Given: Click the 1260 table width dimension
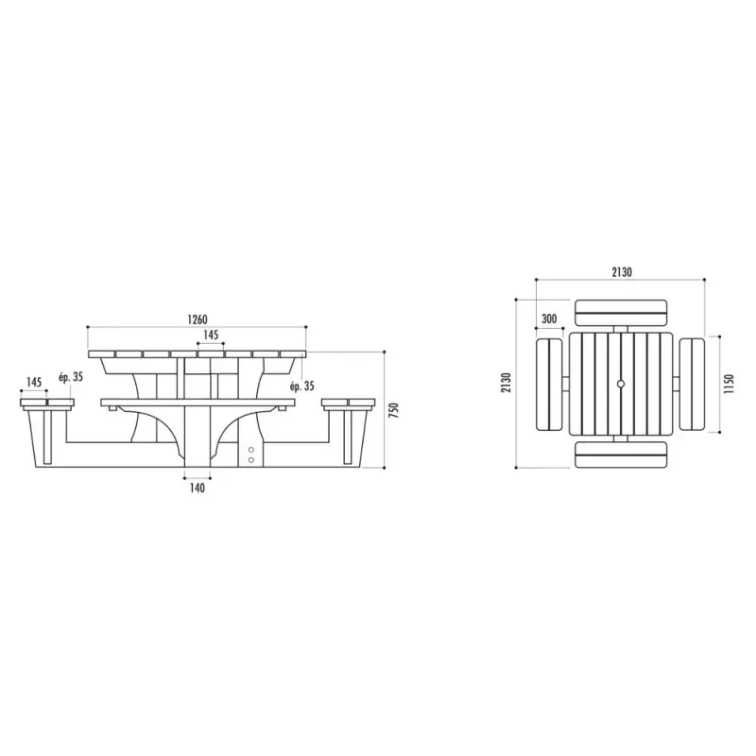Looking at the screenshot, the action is [198, 319].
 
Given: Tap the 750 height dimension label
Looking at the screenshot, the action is [394, 410].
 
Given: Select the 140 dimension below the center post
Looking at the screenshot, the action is [198, 488].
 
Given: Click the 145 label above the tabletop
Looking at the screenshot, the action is [211, 335].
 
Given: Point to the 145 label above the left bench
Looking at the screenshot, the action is [34, 383].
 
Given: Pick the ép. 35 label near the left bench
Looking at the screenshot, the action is [71, 377].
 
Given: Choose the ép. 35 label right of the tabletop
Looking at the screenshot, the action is [301, 387].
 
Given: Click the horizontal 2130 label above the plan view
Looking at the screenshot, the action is [622, 272].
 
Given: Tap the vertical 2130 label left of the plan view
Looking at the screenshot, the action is [506, 383].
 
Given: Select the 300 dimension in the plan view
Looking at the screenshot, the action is [549, 318].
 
